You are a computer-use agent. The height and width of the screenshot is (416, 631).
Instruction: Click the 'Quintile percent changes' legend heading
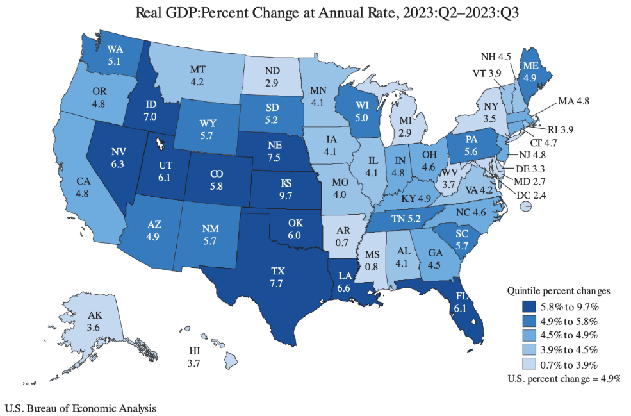pos(558,290)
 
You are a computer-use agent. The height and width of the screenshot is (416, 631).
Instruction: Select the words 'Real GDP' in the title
pos(163,12)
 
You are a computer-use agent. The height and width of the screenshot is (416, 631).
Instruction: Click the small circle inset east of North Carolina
pos(525,206)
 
